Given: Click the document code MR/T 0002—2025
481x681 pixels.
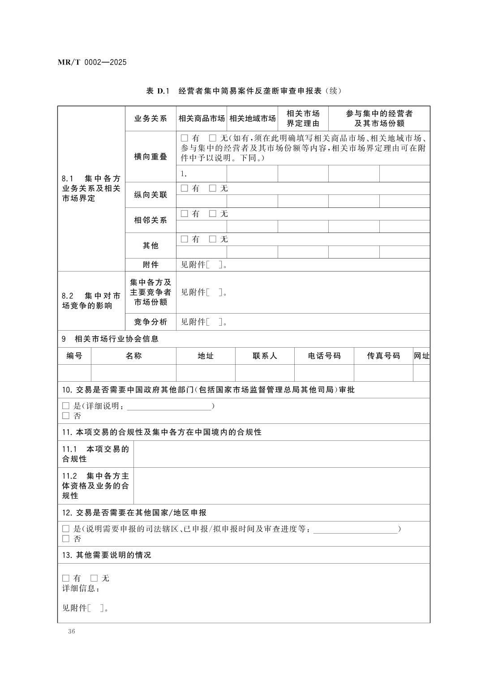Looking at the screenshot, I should click(x=92, y=62).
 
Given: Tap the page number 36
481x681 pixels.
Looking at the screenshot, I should click(x=72, y=631).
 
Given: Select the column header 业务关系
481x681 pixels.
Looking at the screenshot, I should click(x=150, y=119).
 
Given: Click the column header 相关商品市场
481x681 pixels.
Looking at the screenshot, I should click(x=202, y=119).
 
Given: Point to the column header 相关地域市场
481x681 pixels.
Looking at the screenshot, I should click(x=253, y=119).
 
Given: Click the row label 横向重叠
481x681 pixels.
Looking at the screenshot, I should click(x=150, y=157).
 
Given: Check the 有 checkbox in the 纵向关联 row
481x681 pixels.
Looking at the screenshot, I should click(x=185, y=189).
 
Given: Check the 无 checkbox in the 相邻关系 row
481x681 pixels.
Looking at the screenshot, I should click(x=213, y=214).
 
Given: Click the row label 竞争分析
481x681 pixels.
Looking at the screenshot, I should click(x=150, y=322).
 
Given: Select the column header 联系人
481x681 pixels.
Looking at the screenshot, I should click(x=265, y=356).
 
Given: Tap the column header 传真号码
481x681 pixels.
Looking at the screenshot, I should click(x=383, y=356).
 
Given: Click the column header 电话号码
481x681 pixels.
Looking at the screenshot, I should click(x=324, y=356).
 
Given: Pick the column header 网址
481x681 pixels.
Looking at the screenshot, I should click(x=421, y=356).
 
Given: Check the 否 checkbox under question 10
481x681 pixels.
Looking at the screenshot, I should click(x=66, y=416).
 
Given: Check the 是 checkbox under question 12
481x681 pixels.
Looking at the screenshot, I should click(x=66, y=529).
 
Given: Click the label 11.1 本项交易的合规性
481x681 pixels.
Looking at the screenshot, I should click(x=95, y=454).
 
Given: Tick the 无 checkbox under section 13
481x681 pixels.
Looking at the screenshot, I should click(x=94, y=578).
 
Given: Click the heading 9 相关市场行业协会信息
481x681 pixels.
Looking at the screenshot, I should click(x=110, y=339).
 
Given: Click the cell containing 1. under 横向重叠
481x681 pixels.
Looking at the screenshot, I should click(x=202, y=174).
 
